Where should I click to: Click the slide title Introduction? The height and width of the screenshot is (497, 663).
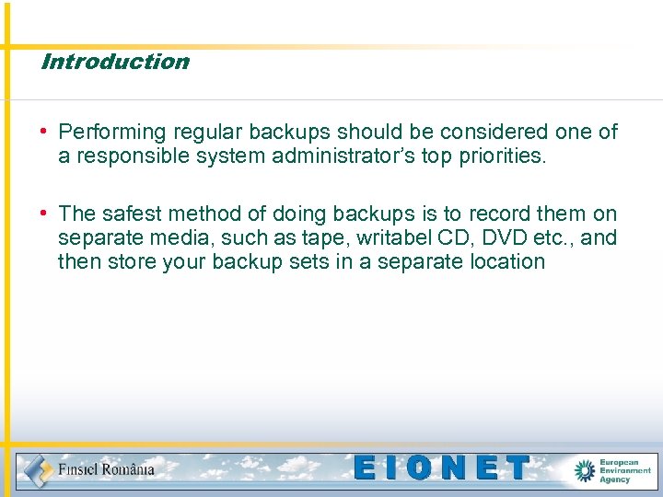(115, 62)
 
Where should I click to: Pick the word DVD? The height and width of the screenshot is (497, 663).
(505, 238)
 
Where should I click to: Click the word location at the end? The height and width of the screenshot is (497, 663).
(505, 262)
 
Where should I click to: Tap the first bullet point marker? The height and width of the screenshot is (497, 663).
(44, 132)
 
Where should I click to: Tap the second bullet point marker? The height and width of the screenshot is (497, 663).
(44, 214)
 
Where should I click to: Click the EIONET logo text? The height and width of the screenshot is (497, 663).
(443, 468)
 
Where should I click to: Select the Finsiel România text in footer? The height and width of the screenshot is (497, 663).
(106, 469)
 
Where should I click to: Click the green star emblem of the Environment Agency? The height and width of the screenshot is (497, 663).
(585, 470)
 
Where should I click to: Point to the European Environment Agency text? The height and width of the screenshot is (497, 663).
(625, 470)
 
